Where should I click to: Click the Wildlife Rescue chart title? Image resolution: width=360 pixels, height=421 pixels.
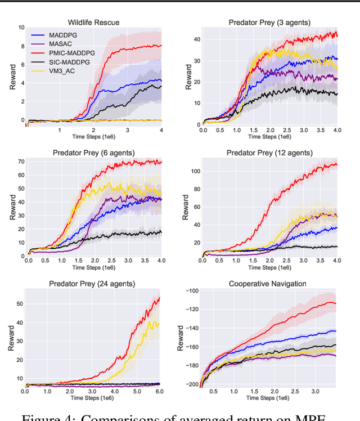pos(93,23)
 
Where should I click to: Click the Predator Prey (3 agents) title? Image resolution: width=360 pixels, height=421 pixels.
pos(269,23)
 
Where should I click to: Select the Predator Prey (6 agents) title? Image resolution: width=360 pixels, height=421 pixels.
pos(94,153)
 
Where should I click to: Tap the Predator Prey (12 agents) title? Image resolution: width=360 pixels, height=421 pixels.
pos(269,153)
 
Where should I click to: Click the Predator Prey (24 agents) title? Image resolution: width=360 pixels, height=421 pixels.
pos(94,284)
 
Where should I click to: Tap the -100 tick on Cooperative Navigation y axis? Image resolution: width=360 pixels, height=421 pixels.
pos(191,291)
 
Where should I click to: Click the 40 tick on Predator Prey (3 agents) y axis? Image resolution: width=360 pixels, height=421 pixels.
pos(193,39)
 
